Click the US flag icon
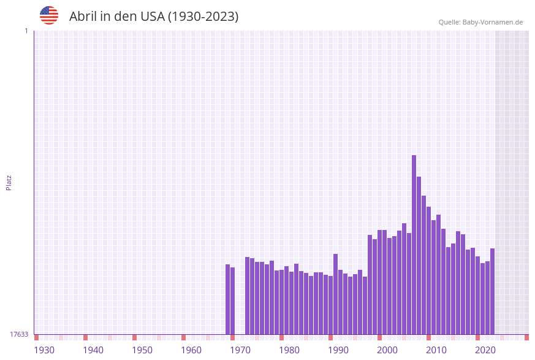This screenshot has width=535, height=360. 49,15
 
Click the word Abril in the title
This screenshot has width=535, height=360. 84,17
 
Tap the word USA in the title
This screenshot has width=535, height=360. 152,17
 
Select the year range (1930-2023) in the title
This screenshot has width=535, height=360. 203,17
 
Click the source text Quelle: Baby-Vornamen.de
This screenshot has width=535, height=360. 480,22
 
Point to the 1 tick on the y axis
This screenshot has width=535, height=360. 26,31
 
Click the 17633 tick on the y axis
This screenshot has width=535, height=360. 19,334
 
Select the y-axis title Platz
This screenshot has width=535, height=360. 9,182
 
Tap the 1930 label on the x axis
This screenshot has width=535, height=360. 44,350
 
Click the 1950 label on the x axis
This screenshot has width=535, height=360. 142,350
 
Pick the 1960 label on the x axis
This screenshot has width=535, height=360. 191,350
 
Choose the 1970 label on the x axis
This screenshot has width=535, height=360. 240,350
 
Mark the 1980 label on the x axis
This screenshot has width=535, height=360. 289,350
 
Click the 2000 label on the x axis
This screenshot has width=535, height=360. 387,350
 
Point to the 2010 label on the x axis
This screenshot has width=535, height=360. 436,350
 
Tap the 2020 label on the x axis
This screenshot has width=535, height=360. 485,350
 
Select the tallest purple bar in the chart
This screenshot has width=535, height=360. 414,245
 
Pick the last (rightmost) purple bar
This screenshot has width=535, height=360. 492,291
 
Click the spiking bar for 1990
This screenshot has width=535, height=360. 335,294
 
